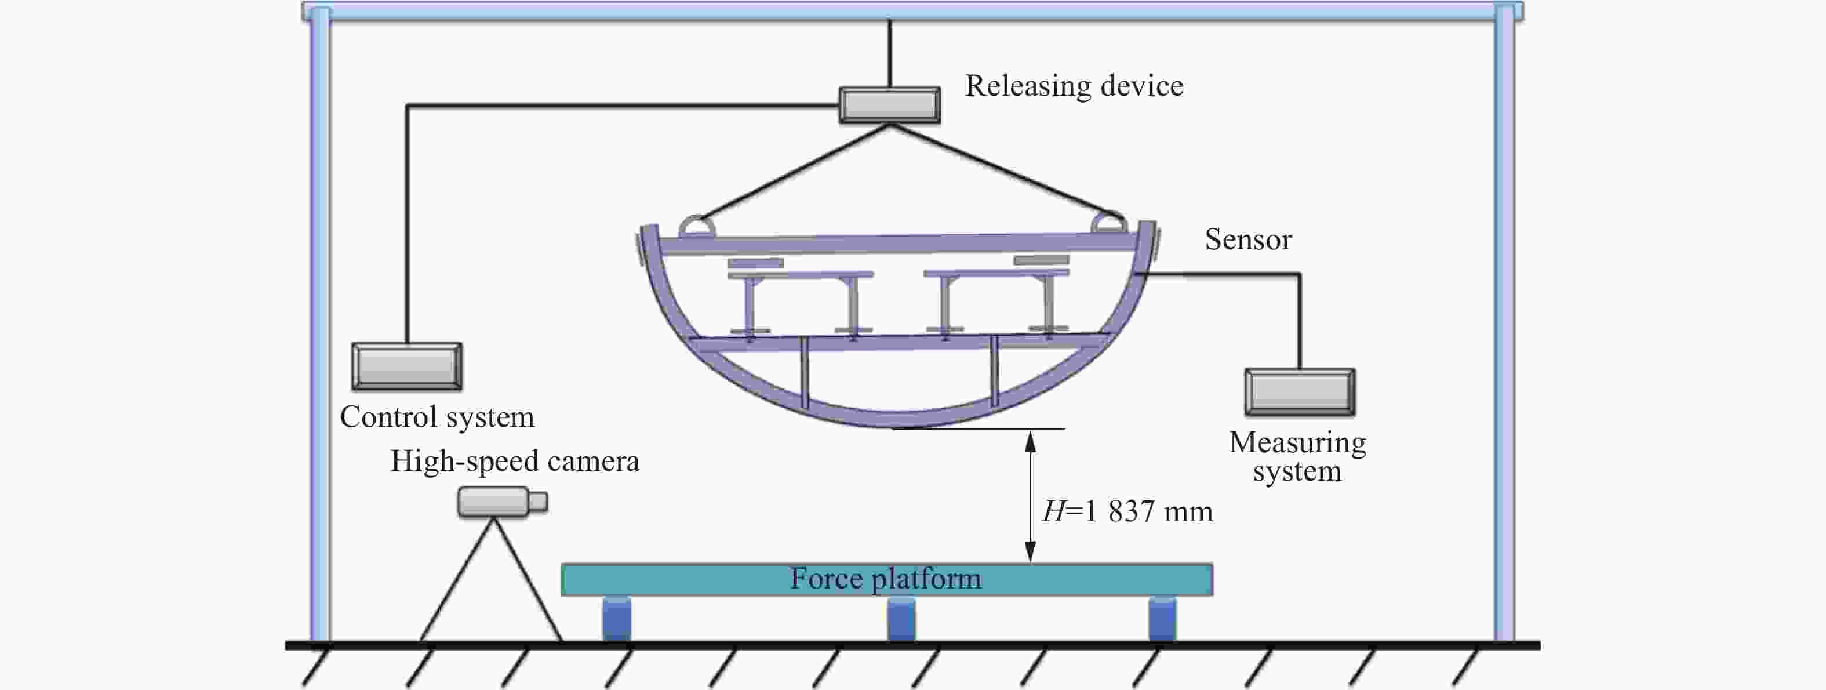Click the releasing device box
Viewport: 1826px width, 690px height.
(890, 105)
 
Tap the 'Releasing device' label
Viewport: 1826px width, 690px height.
(1074, 86)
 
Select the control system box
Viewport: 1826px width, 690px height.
(407, 366)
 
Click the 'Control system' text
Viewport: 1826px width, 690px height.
(437, 417)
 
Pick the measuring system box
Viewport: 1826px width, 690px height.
(1300, 392)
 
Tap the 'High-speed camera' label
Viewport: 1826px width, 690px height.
(515, 461)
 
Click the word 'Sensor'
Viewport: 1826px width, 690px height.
(1248, 239)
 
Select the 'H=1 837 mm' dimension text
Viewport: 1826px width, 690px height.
(1127, 511)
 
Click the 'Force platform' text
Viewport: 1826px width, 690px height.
(886, 579)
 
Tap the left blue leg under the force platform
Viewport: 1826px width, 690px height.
(617, 618)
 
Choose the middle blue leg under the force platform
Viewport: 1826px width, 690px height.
(901, 618)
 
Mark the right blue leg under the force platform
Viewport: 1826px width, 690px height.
(1162, 618)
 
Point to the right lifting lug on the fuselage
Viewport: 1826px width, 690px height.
(1108, 222)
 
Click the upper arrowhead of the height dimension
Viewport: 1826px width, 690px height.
(1031, 441)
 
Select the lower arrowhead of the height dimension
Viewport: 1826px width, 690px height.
(1031, 553)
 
